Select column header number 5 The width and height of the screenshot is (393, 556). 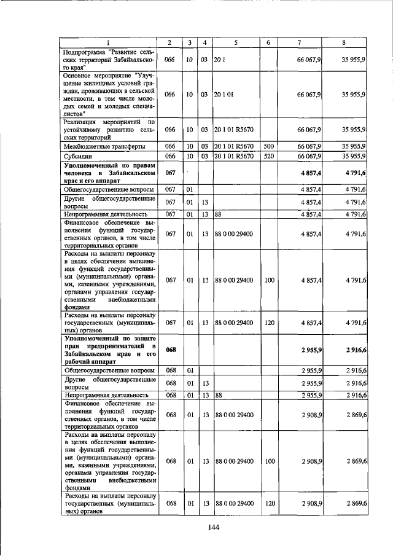[235, 42]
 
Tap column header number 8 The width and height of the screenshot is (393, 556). [348, 42]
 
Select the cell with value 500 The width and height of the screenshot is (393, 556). [269, 146]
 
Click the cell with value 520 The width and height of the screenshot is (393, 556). [269, 157]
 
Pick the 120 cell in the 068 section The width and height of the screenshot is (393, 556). [269, 503]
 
